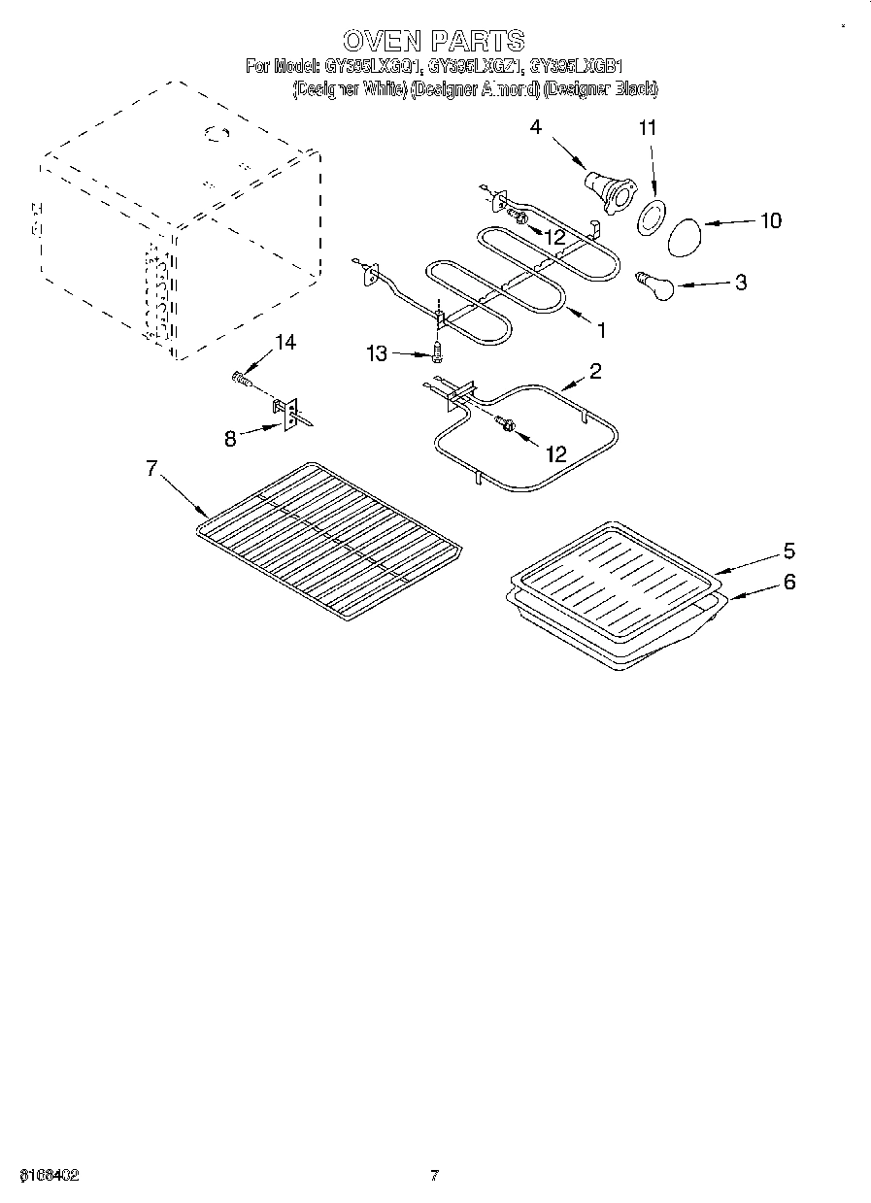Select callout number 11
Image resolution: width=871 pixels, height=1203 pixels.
pyautogui.click(x=648, y=127)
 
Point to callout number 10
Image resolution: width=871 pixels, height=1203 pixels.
pyautogui.click(x=770, y=220)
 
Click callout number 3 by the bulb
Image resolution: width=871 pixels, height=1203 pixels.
pyautogui.click(x=741, y=283)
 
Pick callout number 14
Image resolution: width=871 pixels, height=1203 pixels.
pyautogui.click(x=285, y=342)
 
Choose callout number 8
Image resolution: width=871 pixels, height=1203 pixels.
pyautogui.click(x=230, y=438)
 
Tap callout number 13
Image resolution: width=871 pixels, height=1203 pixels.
pyautogui.click(x=377, y=355)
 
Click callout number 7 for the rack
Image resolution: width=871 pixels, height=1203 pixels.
pyautogui.click(x=151, y=468)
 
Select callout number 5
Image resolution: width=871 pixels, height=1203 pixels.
pyautogui.click(x=788, y=551)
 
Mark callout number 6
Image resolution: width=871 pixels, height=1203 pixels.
pyautogui.click(x=788, y=582)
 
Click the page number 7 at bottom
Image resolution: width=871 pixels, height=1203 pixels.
pyautogui.click(x=435, y=1176)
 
